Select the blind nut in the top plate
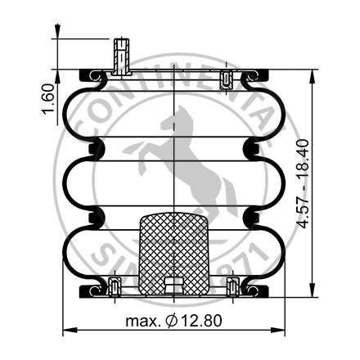227,79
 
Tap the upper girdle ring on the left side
98,148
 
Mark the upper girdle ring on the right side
253,148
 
